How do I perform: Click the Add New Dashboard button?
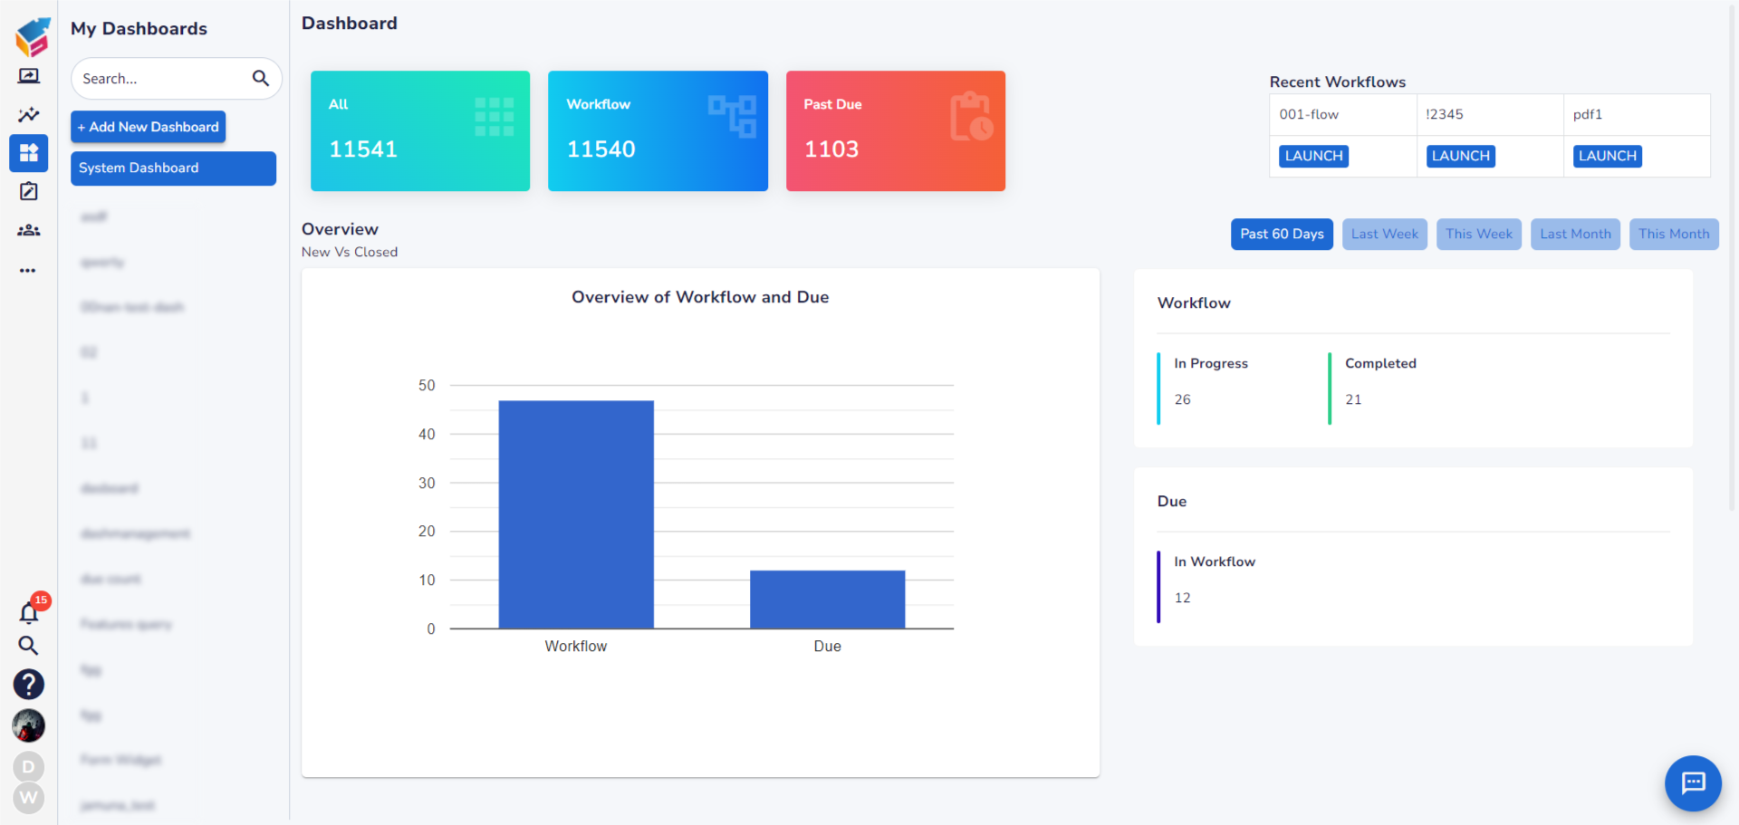point(148,127)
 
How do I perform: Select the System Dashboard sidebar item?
point(173,168)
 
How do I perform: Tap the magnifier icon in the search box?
point(261,79)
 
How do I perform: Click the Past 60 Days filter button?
point(1282,234)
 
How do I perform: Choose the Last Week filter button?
point(1385,234)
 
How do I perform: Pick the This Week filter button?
point(1479,234)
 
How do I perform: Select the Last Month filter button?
point(1575,234)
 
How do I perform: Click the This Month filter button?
point(1674,234)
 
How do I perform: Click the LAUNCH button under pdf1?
point(1608,156)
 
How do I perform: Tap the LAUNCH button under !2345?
point(1461,156)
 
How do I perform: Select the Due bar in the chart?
point(827,600)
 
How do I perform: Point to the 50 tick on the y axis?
point(427,386)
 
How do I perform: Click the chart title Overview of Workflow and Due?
point(700,297)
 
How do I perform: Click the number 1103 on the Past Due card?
point(831,149)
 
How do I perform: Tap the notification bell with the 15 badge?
point(29,613)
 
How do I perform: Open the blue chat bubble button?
point(1693,782)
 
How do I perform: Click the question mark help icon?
point(29,685)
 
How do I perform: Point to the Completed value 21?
point(1353,399)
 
